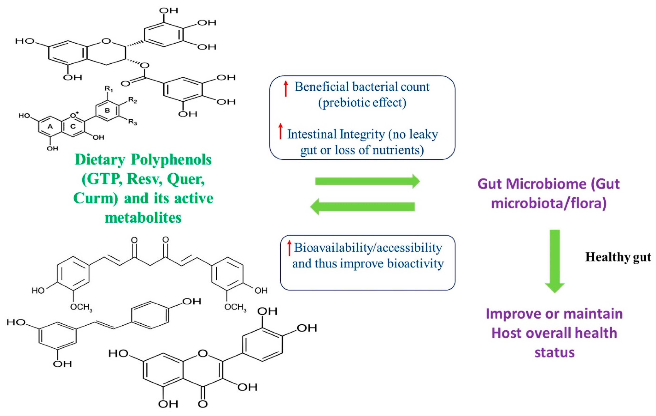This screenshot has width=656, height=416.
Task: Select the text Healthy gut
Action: tap(618, 257)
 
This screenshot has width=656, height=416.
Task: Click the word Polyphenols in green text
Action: tap(171, 160)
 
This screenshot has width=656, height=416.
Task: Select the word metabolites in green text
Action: tap(143, 218)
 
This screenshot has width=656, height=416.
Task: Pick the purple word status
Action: tap(554, 352)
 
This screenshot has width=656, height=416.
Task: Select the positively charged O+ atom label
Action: tap(74, 115)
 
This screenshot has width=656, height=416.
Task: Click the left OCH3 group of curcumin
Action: tap(81, 307)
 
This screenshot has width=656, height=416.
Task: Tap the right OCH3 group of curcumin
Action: tap(235, 307)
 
